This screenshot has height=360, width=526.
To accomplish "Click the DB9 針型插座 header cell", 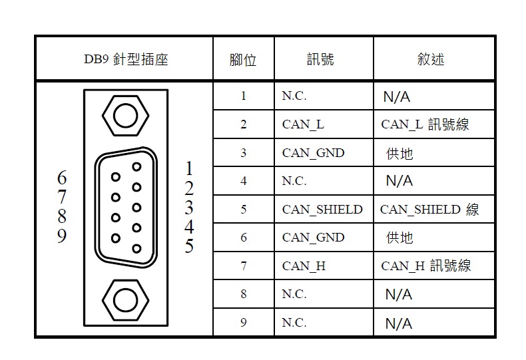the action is coord(126,59).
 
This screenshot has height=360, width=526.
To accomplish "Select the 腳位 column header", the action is coord(243,60).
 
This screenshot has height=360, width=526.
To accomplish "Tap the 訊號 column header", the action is coord(320,59).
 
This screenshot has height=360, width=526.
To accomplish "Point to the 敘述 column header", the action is coord(431,59).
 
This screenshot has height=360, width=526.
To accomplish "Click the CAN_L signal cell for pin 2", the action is coord(303,124).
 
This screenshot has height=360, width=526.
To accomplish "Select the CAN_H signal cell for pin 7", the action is coord(304,266).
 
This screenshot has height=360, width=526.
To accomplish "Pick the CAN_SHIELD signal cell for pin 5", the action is coord(322,210).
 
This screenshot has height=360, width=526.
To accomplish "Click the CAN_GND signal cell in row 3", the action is coord(314,153).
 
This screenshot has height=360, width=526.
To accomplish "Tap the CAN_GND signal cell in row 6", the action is coord(314,238).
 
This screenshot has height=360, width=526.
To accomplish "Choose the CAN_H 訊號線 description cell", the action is coord(426,266).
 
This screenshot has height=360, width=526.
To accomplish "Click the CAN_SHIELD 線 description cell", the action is coord(429,210).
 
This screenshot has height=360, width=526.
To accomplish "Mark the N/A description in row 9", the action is coord(399,323).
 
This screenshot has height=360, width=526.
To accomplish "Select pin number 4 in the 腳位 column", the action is coord(244,181).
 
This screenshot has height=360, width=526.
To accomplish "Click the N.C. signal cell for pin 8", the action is coord(294,294).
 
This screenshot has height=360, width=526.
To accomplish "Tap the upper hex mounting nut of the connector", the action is coord(125,116).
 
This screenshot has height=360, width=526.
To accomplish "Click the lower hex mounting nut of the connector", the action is coord(125,300).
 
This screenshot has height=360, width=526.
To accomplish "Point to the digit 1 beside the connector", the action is coord(189,168).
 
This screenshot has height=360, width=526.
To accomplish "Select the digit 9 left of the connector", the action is coord(62,236).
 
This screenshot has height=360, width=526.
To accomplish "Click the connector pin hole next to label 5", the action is coord(136,248).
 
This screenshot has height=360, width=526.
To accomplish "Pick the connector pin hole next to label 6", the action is coord(116,176).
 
